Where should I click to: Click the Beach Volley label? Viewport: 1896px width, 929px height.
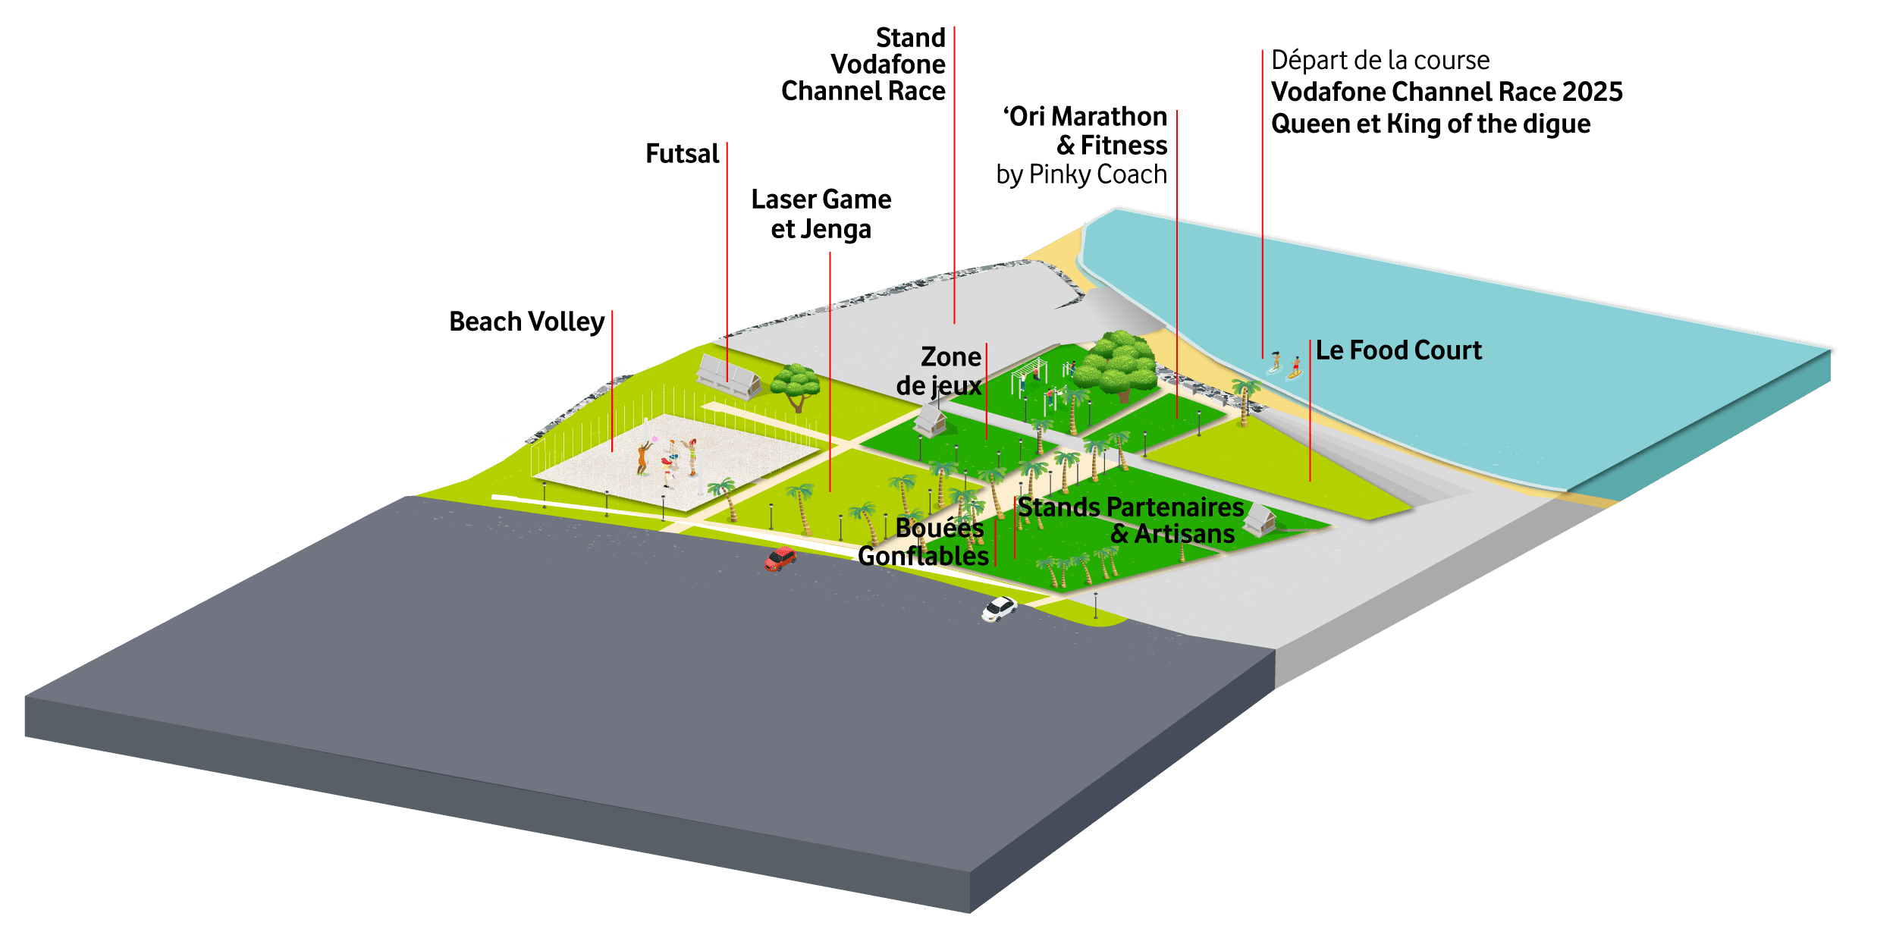point(526,322)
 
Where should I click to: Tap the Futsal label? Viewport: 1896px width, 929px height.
point(682,153)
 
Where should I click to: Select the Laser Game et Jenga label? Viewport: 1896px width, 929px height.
point(821,214)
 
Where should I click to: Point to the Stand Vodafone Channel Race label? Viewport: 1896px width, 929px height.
point(863,64)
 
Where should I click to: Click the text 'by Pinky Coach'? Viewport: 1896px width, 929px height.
point(1081,174)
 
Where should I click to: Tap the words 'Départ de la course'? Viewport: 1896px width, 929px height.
point(1380,60)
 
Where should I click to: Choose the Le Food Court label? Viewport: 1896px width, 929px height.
point(1398,350)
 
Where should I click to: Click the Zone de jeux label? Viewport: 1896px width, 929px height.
point(940,371)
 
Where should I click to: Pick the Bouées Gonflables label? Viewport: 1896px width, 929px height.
point(924,541)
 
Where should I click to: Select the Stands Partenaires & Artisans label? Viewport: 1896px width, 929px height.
point(1130,520)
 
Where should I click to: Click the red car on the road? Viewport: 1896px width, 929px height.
point(780,559)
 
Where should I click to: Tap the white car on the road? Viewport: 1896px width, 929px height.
point(999,608)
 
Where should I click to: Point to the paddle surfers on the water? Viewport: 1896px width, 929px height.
point(1285,364)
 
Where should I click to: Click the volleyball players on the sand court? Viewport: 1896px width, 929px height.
point(668,458)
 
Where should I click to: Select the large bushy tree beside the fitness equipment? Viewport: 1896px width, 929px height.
point(1116,366)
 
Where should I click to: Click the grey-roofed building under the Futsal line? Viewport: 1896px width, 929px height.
point(729,375)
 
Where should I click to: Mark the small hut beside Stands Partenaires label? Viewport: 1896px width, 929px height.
point(1260,520)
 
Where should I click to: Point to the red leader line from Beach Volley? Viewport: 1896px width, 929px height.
point(612,381)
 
